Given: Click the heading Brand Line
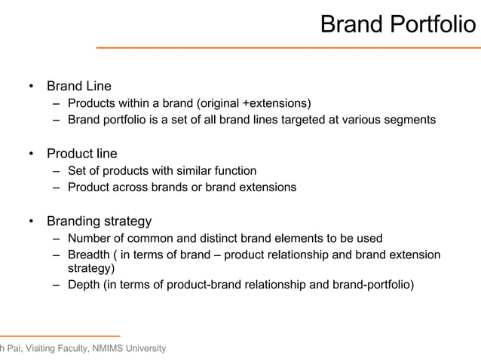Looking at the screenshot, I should tap(79, 87).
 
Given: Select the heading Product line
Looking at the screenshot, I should tap(82, 154).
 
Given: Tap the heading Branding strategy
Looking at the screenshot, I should tap(100, 221).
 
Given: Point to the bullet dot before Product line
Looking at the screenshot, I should tap(31, 154).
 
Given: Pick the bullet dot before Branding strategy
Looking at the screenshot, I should tap(31, 221).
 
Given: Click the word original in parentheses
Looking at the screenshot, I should tap(219, 103).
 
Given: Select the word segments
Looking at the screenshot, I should tap(408, 120).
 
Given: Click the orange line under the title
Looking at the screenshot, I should tap(286, 47).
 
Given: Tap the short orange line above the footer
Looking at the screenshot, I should tap(60, 335).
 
